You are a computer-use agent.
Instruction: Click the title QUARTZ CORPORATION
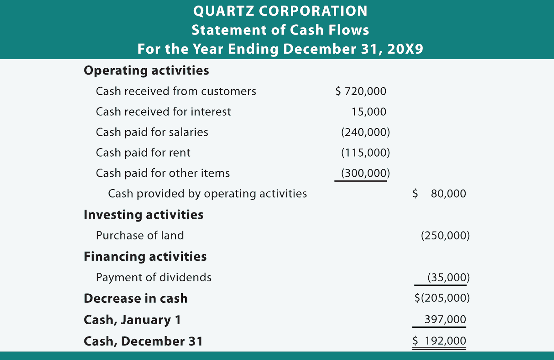click(x=280, y=11)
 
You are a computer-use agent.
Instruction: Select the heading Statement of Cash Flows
click(x=280, y=30)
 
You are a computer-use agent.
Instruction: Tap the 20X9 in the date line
click(x=405, y=49)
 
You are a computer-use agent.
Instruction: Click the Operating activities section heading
click(x=146, y=71)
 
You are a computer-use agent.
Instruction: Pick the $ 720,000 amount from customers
click(x=361, y=91)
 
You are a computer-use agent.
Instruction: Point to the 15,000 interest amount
click(x=369, y=112)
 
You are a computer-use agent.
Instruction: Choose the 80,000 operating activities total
click(x=448, y=194)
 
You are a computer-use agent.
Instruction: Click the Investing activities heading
click(x=143, y=215)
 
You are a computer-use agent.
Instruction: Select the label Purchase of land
click(x=140, y=236)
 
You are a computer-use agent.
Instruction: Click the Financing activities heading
click(x=145, y=257)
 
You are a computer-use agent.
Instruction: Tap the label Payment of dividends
click(x=153, y=278)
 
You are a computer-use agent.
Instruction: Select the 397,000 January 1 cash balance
click(x=445, y=319)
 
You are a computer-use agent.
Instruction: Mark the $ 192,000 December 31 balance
click(x=439, y=341)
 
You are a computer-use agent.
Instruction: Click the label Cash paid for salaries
click(x=152, y=132)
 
